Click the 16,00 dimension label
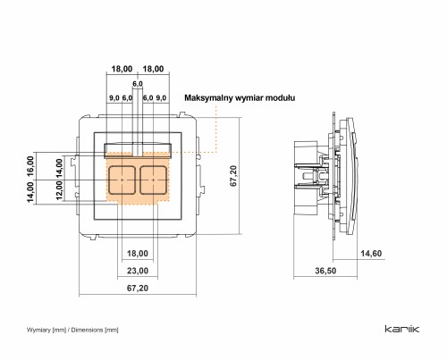coord(31,166)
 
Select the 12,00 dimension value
coord(59,191)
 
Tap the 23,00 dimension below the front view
coord(138,271)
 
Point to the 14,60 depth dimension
coord(371,254)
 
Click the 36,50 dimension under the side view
coord(325,271)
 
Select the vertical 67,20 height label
coord(233,176)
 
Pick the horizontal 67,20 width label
coord(138,289)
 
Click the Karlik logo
coord(402,329)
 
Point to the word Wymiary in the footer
coord(38,330)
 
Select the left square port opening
coord(122,180)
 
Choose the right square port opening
coord(153,180)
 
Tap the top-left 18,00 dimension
coord(122,69)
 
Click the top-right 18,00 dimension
coord(153,69)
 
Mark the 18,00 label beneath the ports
coord(138,254)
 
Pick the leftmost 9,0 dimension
coord(114,98)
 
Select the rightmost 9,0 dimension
coord(161,98)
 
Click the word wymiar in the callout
coord(249,98)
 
